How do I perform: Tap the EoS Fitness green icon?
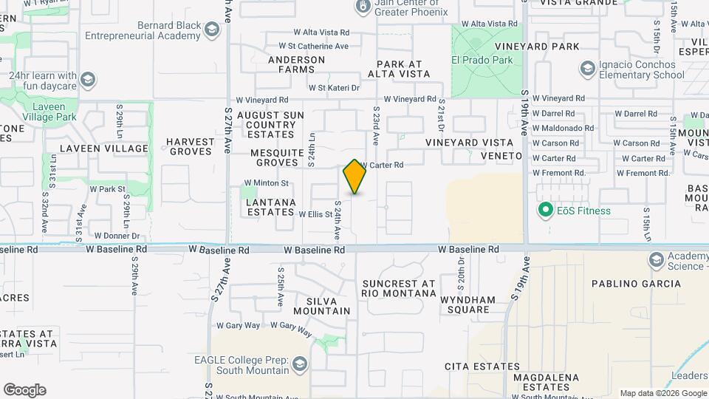pos(546,211)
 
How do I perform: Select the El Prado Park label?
pos(482,60)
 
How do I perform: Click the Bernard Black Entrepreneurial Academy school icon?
pos(212,30)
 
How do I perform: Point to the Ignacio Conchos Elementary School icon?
pos(588,69)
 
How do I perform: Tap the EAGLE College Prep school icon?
pos(300,364)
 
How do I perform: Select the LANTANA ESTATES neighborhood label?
pos(270,207)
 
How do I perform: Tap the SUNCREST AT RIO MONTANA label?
pos(399,288)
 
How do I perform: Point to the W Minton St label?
pos(266,183)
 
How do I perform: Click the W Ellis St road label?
pos(315,214)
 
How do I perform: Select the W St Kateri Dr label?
pos(334,88)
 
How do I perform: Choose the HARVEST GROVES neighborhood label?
pos(190,146)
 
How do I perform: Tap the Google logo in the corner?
pos(24,390)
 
